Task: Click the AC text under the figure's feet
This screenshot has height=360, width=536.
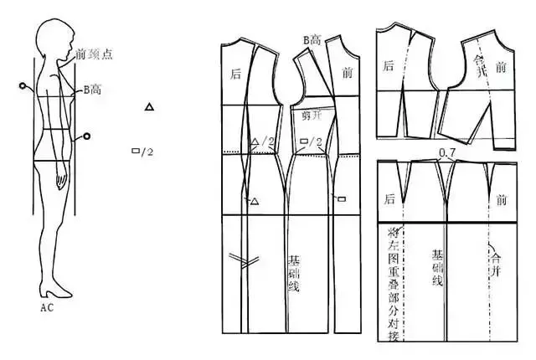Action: click(48, 307)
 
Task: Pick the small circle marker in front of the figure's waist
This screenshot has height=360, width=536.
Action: click(85, 136)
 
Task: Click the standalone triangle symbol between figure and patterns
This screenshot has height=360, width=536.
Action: click(149, 106)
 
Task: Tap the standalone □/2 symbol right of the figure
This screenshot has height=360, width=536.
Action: click(142, 152)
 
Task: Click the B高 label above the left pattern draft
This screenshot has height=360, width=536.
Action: click(312, 40)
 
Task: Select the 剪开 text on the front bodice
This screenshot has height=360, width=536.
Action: click(311, 116)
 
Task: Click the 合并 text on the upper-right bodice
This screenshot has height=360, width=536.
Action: click(479, 62)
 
